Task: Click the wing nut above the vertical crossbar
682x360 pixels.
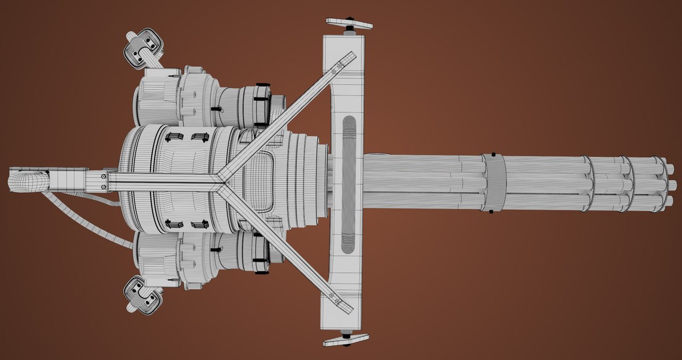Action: tap(349, 24)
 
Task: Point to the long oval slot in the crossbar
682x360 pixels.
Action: tap(348, 183)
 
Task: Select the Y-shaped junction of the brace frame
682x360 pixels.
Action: tap(221, 180)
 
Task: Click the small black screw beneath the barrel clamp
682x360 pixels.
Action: tap(490, 212)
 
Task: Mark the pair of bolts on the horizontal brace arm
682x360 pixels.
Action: tap(103, 181)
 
